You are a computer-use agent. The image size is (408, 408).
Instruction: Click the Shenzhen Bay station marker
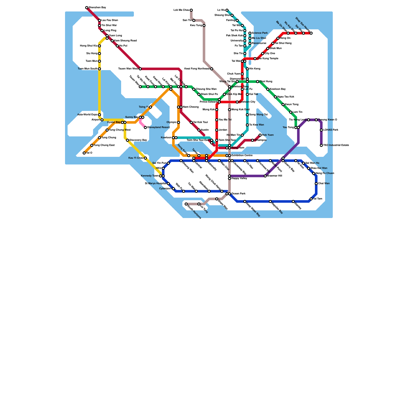pos(87,8)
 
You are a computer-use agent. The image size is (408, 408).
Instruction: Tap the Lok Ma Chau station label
pos(181,10)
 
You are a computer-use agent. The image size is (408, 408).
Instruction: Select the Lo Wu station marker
pos(227,10)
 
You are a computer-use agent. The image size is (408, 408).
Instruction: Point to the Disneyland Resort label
pos(158,127)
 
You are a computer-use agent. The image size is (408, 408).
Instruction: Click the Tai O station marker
pos(84,153)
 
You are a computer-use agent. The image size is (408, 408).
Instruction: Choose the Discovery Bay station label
pos(138,140)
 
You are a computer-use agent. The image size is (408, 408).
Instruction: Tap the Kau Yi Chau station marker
pos(145,158)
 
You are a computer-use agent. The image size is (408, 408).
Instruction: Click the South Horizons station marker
pos(186,204)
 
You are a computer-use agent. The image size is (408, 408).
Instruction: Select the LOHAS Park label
pos(331,130)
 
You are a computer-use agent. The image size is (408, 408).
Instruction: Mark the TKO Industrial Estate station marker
pos(321,145)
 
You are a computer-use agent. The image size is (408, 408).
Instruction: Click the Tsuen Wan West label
pos(128,69)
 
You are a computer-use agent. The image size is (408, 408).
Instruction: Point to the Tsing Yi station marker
pos(150,107)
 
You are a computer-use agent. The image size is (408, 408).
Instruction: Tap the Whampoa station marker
pos(252,140)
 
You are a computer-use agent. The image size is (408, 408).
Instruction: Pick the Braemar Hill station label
pos(275,176)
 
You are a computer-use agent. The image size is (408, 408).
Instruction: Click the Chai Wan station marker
pos(316,184)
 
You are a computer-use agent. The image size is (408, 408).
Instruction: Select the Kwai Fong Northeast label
pos(197,69)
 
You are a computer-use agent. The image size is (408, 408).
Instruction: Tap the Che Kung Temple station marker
pos(255,59)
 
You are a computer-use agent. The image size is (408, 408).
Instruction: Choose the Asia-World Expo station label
pos(87,115)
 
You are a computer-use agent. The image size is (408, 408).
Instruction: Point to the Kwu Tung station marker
pos(204,25)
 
